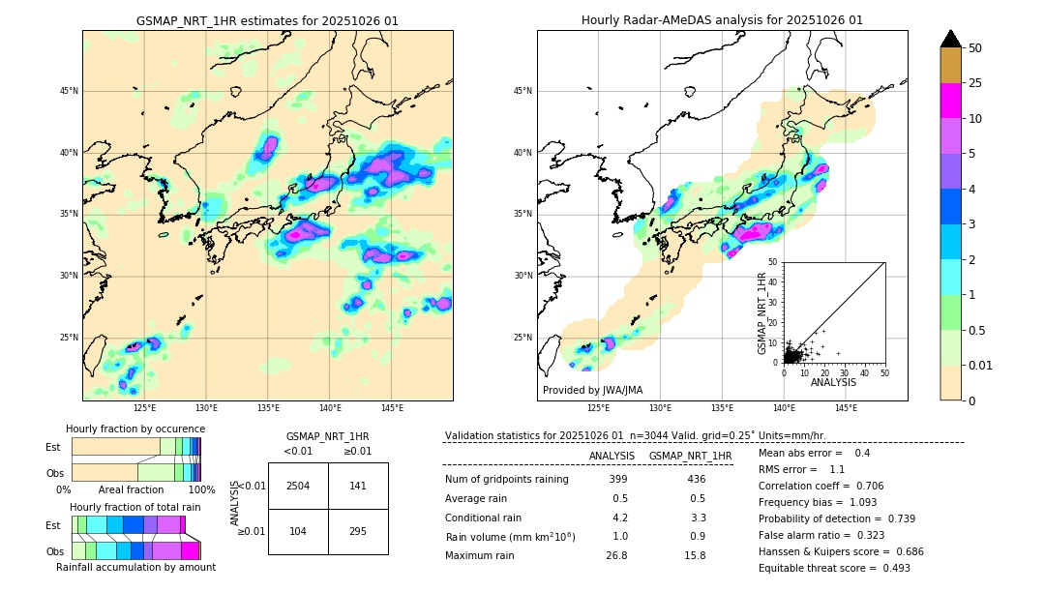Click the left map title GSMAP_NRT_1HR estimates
click(x=267, y=20)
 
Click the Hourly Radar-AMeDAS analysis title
click(x=722, y=20)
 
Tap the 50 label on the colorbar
click(x=975, y=48)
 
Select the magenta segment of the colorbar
click(x=950, y=101)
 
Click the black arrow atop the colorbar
click(x=950, y=39)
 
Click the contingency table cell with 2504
click(x=298, y=486)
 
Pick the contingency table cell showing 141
click(x=358, y=486)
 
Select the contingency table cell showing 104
click(x=298, y=532)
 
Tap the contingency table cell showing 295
click(x=358, y=532)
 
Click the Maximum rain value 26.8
click(x=617, y=555)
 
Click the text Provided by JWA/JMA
click(x=592, y=390)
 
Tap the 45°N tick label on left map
click(x=69, y=91)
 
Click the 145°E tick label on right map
click(x=846, y=408)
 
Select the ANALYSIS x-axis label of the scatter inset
click(x=833, y=382)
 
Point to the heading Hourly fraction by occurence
click(x=135, y=429)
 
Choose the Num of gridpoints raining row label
click(x=506, y=479)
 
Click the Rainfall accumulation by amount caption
click(x=135, y=567)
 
